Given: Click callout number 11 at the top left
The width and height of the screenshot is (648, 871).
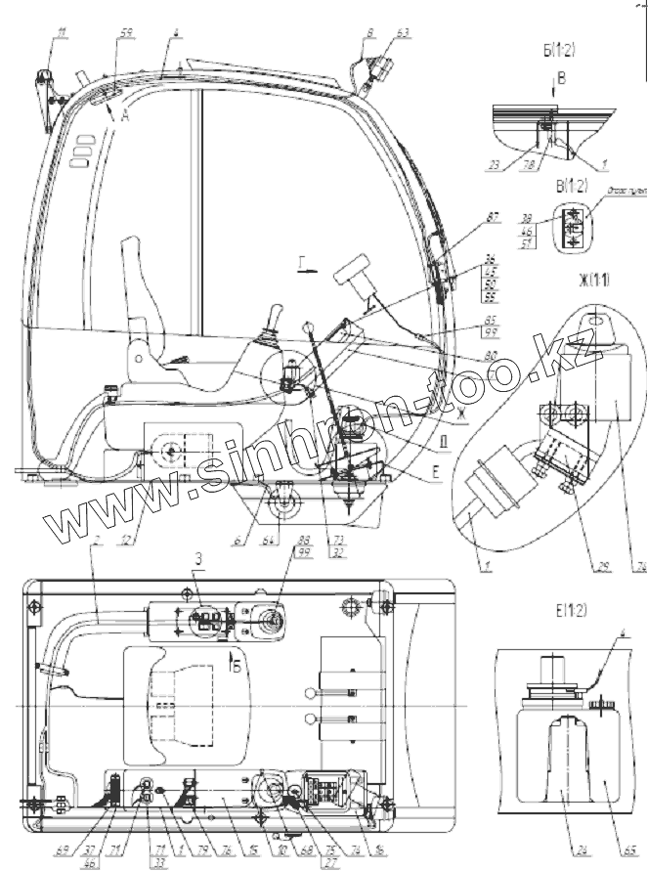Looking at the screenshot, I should coord(62,36).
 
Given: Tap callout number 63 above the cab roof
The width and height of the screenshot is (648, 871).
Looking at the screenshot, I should coord(404,32).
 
